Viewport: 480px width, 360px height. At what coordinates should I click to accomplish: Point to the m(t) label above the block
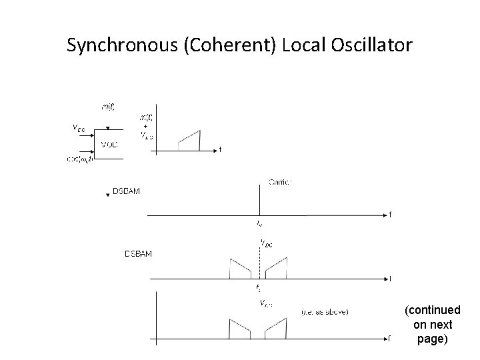(x=107, y=106)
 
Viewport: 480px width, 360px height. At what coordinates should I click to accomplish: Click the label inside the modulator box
(x=109, y=143)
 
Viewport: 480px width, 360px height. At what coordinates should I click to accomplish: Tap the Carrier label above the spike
(x=280, y=181)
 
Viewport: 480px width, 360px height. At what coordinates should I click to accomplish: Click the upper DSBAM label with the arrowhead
(x=126, y=192)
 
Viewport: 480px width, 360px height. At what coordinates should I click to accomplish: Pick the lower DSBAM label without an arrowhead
(x=139, y=253)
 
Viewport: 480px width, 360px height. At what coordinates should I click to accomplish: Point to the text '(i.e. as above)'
(x=325, y=311)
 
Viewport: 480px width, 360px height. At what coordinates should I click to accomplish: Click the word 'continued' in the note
(x=432, y=311)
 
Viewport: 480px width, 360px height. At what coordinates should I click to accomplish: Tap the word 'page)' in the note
(x=431, y=339)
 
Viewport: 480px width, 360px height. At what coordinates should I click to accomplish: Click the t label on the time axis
(x=220, y=149)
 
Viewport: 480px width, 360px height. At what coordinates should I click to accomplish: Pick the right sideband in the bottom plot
(x=275, y=329)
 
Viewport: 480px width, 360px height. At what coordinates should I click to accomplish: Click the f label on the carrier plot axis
(x=390, y=215)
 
